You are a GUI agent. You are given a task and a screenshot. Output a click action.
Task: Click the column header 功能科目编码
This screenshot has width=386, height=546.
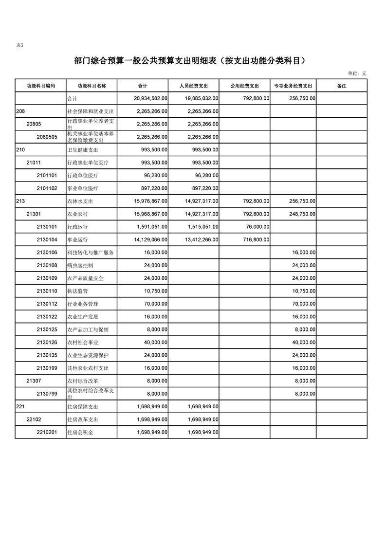tap(41, 86)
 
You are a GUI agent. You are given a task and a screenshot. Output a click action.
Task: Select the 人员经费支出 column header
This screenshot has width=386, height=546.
tap(193, 86)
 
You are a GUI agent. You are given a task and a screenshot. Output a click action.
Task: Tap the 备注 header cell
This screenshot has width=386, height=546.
tap(341, 86)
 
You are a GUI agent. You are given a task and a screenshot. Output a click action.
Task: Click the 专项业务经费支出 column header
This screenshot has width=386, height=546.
tap(293, 86)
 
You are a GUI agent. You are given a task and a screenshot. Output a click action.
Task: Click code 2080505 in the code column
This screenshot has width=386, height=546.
tap(47, 137)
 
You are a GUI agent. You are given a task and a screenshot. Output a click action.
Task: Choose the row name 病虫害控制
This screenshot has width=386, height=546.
tap(80, 266)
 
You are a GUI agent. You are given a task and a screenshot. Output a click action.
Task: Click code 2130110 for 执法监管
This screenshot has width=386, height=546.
tap(47, 291)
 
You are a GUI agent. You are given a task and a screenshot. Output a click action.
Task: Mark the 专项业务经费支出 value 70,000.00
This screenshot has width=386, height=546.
tap(302, 304)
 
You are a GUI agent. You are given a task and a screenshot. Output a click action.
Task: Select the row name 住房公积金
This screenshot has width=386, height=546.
tap(80, 432)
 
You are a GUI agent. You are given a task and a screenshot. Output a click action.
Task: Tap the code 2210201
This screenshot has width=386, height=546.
tap(47, 432)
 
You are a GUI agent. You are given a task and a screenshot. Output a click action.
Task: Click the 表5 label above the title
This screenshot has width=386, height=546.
tap(20, 45)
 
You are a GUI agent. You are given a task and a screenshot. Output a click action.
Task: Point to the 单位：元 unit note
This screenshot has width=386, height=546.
tap(357, 73)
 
